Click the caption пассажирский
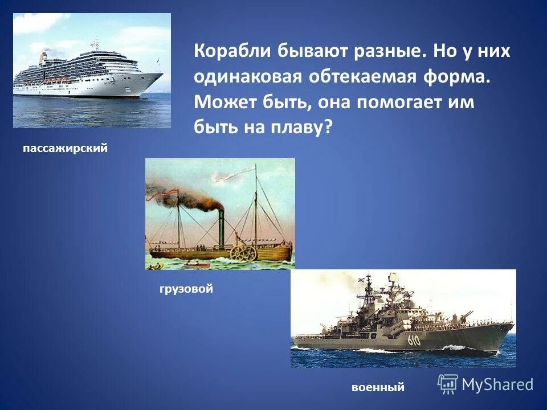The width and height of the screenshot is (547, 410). pos(65,148)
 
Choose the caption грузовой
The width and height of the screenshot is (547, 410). pos(186,289)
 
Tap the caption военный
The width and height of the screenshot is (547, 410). pos(378,387)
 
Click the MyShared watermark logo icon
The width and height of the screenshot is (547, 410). pos(448,384)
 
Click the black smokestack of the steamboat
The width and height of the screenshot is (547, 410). pos(221,231)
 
